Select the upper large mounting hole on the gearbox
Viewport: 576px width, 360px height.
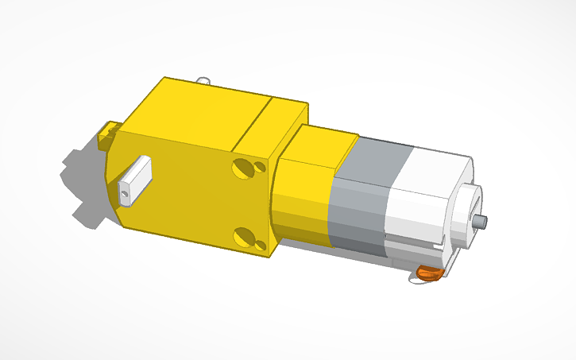point(242,168)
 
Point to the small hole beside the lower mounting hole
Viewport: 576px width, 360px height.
point(260,241)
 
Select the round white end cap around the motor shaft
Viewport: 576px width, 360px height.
point(469,215)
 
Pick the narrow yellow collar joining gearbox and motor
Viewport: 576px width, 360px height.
point(306,191)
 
